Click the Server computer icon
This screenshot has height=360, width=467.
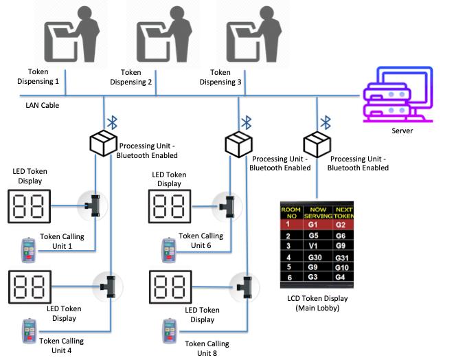point(398,94)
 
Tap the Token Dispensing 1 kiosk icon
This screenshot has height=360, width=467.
point(72,34)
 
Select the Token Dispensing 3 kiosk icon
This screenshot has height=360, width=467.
point(254,34)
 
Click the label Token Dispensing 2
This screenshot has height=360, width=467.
point(131,77)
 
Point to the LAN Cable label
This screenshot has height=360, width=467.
point(43,105)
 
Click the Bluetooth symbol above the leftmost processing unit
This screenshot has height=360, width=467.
point(112,122)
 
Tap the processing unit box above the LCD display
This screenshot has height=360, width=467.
point(317,144)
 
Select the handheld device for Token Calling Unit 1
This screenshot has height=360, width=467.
point(29,250)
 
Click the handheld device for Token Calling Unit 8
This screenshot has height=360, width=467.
point(170,331)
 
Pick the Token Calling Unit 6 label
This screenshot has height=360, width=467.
point(201,240)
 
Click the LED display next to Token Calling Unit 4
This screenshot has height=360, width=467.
point(30,287)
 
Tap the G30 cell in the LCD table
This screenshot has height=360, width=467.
point(315,257)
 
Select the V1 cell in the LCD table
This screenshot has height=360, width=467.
point(313,246)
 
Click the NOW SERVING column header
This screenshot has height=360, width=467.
point(318,212)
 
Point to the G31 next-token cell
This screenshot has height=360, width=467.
point(341,258)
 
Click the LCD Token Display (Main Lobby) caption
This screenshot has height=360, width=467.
point(317,303)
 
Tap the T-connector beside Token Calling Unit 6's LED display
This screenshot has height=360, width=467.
point(227,206)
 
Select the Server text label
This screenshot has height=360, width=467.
point(402,131)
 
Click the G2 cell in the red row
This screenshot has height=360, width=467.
point(341,225)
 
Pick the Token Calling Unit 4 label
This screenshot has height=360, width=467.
point(62,346)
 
